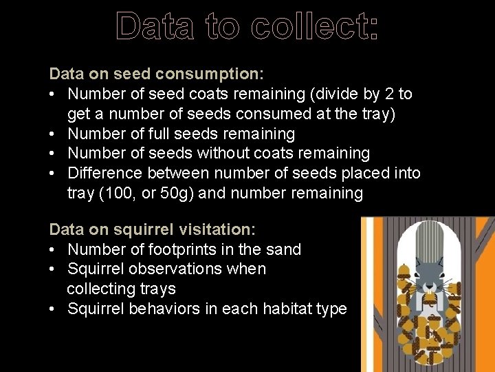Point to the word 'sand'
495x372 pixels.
[x=282, y=249]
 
